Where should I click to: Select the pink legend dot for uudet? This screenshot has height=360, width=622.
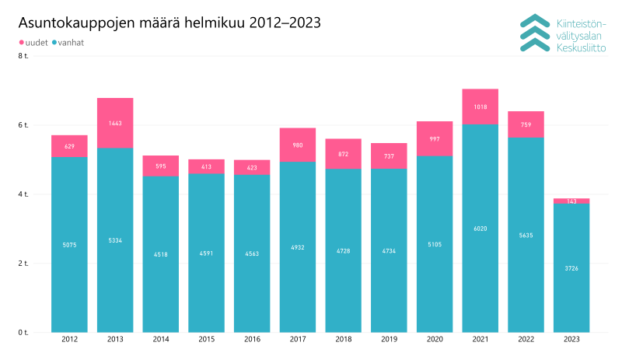coord(21,42)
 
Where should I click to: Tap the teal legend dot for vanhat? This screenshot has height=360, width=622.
coord(55,42)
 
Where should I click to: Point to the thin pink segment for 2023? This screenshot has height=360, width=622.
coord(571,201)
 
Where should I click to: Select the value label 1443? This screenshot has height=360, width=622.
coord(114,124)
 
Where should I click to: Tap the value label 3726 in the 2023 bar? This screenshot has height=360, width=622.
coord(571,268)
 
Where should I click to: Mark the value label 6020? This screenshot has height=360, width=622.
coord(480,229)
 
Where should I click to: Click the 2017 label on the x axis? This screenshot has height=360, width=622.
coord(297,340)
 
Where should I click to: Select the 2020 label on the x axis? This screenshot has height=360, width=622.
coord(434,340)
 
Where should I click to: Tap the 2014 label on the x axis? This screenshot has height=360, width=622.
coord(160,340)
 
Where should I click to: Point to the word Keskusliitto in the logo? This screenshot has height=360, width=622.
coord(580,48)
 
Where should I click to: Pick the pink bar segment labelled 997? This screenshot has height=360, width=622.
coord(434,138)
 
